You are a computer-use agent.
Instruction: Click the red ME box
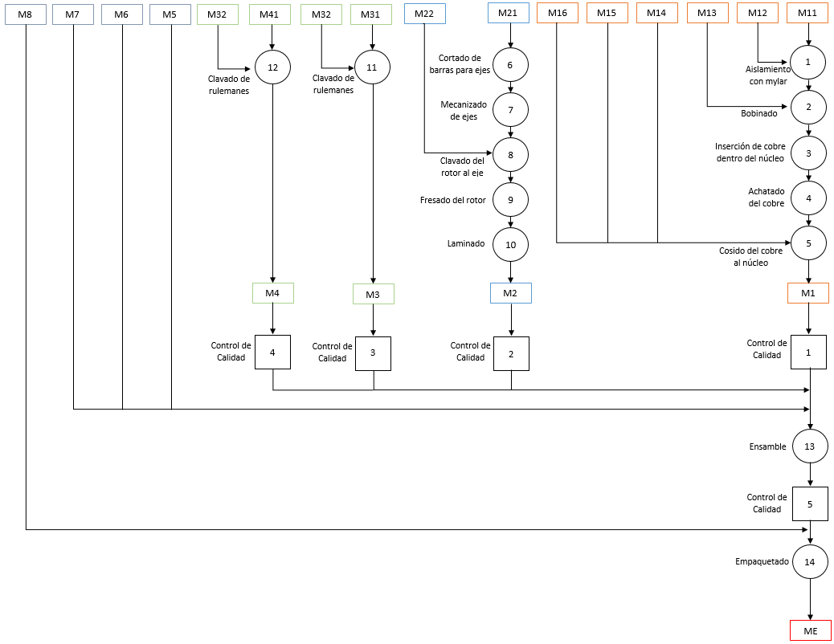click(x=811, y=630)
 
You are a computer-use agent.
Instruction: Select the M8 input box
click(x=26, y=14)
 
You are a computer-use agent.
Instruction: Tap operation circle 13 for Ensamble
click(x=810, y=446)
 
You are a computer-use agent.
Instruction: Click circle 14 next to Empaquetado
click(x=810, y=561)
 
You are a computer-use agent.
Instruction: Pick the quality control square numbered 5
click(x=810, y=503)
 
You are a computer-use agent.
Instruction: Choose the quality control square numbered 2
click(x=511, y=353)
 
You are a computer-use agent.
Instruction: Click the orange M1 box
click(x=808, y=293)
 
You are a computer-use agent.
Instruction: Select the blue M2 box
click(x=511, y=293)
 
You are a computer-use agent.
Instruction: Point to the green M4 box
click(x=273, y=293)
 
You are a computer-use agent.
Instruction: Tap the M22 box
click(x=424, y=14)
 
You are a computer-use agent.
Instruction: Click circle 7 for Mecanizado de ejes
click(x=511, y=110)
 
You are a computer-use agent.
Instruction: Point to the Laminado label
click(x=466, y=243)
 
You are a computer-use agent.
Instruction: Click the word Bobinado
click(x=759, y=113)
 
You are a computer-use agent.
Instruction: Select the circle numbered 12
click(x=273, y=67)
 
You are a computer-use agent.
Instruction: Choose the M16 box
click(x=558, y=14)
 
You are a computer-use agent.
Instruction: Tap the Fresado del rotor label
click(x=453, y=200)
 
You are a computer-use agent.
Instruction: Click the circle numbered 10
click(x=511, y=245)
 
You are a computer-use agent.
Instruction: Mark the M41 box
click(x=270, y=14)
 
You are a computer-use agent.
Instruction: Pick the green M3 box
click(x=374, y=294)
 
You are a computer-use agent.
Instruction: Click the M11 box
click(x=807, y=14)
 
